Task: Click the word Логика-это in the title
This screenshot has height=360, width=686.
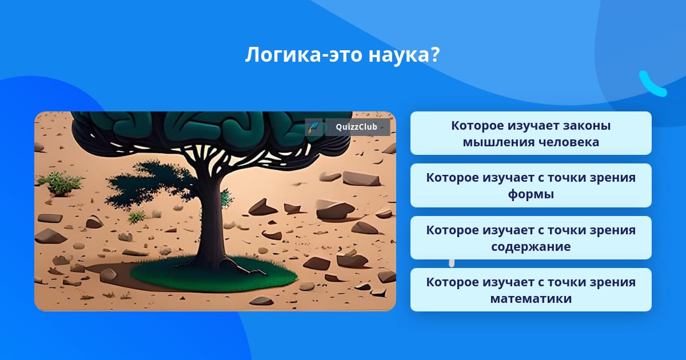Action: tap(302, 54)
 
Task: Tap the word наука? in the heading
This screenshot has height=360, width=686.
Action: tap(404, 55)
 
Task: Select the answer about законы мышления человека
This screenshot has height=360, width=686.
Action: tap(531, 133)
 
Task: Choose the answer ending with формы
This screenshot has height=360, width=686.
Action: tap(531, 185)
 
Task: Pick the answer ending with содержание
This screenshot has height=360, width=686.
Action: tap(531, 238)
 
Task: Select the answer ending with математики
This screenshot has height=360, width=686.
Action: tap(531, 290)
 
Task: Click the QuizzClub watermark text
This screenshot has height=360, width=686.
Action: tap(357, 127)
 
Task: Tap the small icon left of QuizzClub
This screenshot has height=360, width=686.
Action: tap(314, 127)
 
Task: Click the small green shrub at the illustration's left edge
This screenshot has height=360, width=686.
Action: tap(59, 183)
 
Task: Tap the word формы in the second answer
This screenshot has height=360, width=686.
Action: tap(531, 194)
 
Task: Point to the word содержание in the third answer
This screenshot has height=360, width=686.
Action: tap(531, 247)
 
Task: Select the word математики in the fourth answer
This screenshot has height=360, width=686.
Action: tap(531, 299)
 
